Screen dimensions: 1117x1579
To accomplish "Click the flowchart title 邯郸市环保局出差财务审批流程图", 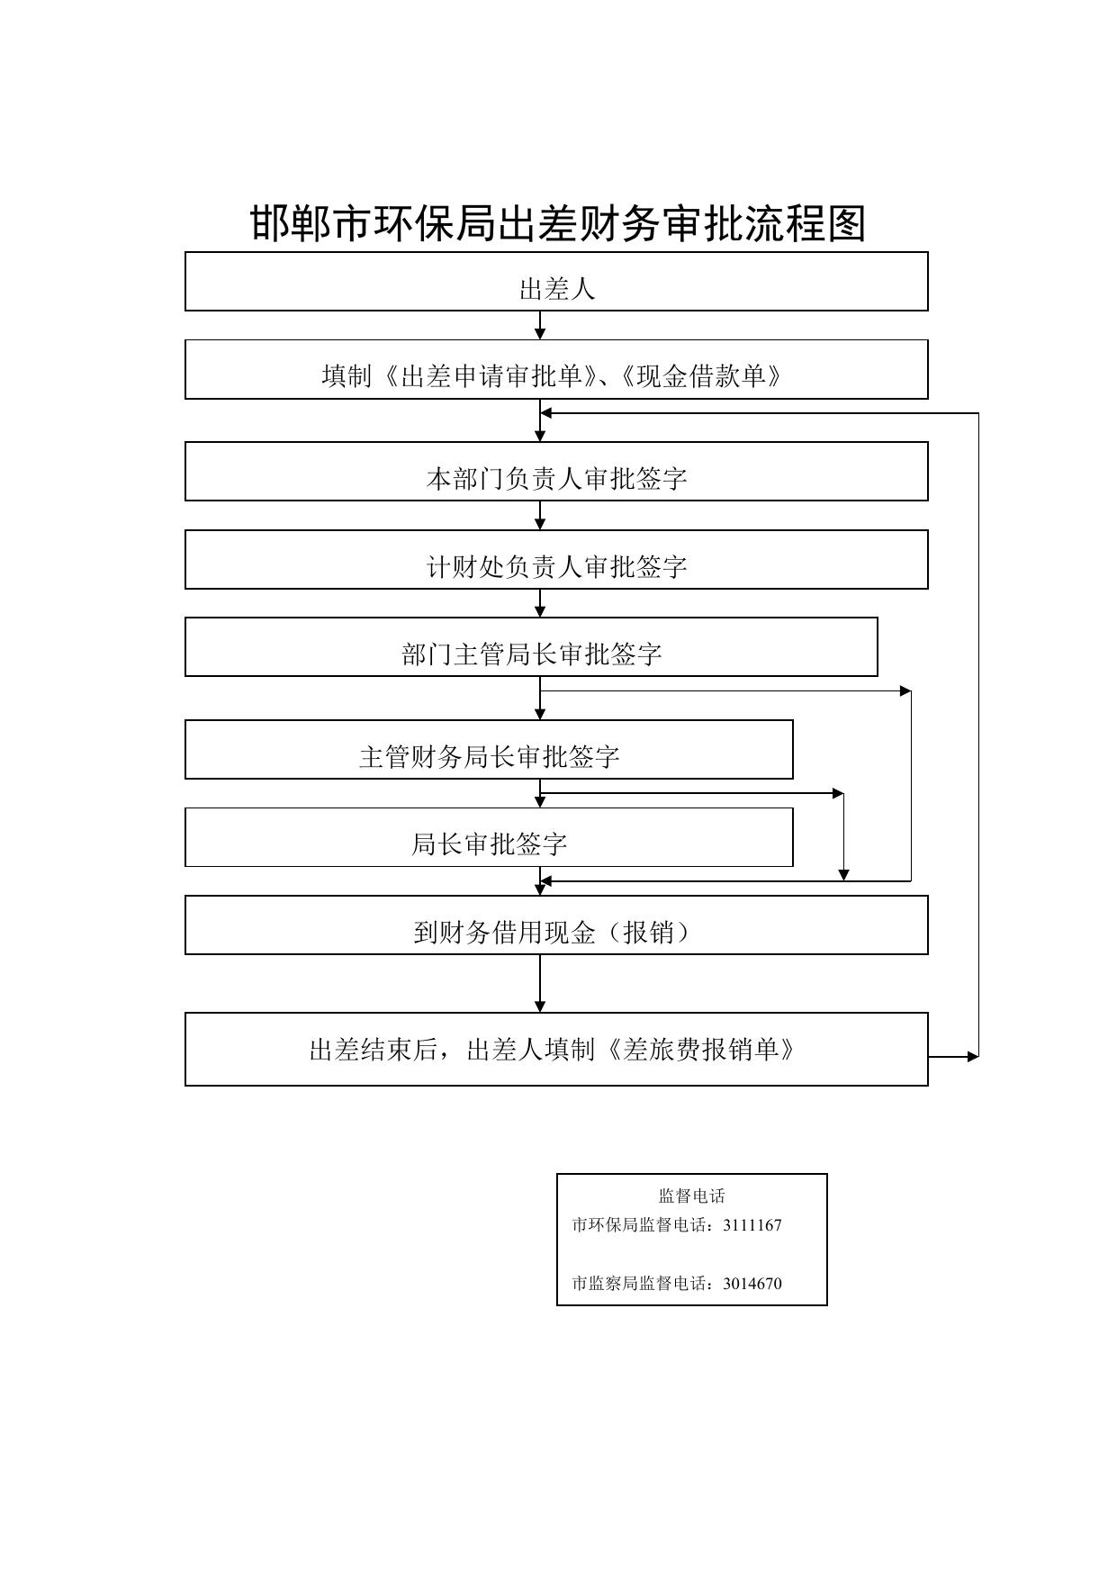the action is coord(557,223).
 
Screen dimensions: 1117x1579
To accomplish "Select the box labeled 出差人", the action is coord(556,281).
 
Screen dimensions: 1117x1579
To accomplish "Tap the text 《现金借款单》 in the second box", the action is coord(699,375).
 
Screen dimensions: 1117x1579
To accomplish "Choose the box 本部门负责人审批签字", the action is coord(556,471).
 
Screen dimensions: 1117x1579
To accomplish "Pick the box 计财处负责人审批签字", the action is coord(556,559).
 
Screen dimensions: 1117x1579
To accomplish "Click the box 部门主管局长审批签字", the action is coord(531,646).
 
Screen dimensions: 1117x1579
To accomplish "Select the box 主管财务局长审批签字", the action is coord(489,749).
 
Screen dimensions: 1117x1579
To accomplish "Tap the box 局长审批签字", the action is coord(489,837).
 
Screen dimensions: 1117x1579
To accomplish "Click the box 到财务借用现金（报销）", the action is coord(556,925).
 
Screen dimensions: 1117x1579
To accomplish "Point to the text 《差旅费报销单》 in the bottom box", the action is coord(701,1050).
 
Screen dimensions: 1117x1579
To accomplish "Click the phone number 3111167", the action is coord(752,1225).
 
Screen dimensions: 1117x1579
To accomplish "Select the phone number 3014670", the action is coord(752,1284).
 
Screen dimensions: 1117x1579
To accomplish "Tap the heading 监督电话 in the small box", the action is coord(691,1196).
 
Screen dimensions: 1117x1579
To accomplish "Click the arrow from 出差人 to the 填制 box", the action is coord(540,325).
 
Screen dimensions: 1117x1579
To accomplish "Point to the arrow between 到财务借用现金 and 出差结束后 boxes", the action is coord(540,984).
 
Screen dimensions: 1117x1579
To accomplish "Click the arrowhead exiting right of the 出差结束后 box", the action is coord(973,1056).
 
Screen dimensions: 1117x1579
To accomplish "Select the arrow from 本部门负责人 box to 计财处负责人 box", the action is coord(540,515).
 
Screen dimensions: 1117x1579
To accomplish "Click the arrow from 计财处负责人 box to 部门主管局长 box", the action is coord(540,603).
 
